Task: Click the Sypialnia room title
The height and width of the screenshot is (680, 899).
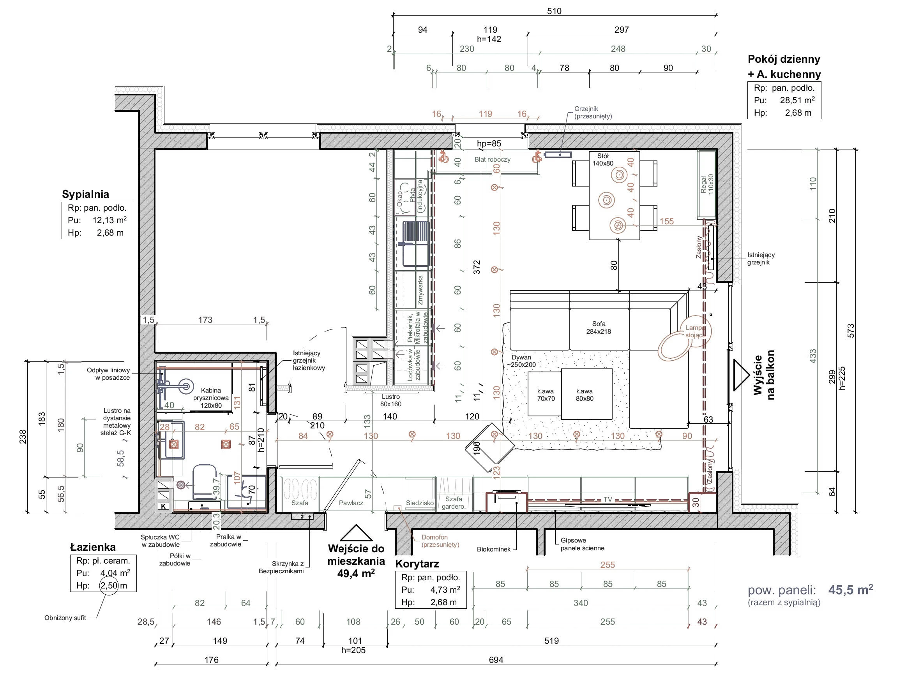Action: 85,194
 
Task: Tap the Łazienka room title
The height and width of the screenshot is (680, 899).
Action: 93,547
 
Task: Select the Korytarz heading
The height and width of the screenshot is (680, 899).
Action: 417,564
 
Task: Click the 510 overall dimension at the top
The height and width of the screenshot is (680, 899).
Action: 554,11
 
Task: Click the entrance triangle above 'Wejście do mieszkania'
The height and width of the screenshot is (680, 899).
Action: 356,533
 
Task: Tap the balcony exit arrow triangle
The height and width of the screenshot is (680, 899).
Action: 740,375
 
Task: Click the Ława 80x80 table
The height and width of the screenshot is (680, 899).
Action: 586,394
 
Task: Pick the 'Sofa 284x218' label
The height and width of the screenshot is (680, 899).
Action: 598,328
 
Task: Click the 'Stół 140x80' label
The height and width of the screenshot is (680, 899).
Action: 603,160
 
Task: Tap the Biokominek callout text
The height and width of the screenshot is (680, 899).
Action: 493,549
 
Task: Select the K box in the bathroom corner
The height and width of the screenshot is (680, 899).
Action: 163,506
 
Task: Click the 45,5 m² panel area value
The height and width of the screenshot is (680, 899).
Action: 851,589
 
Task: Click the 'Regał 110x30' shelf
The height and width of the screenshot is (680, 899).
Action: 707,184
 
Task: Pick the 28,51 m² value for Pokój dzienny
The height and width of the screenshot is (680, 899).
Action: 797,100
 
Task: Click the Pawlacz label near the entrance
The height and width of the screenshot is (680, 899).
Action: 351,503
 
